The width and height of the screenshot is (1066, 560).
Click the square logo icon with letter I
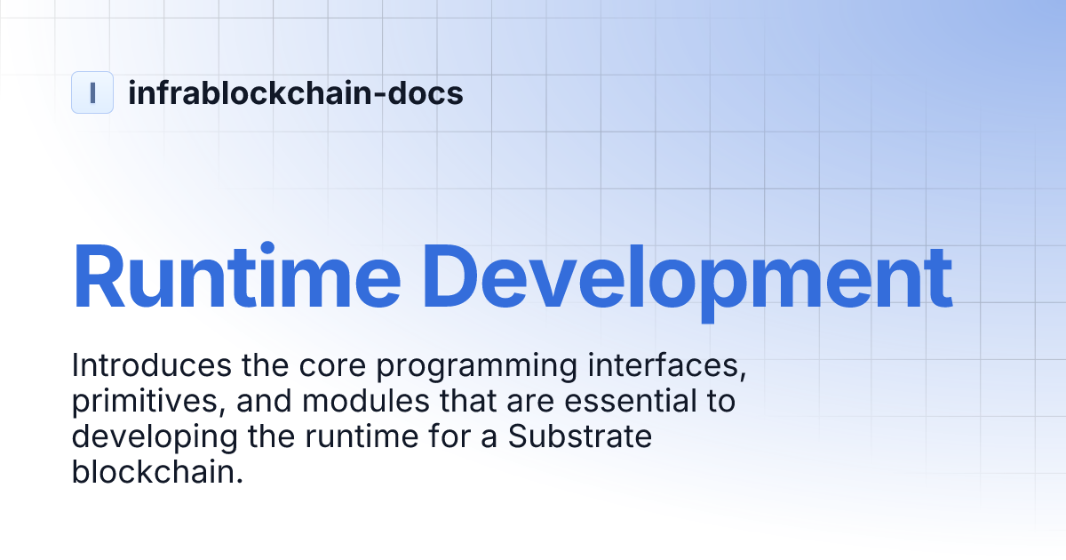click(92, 92)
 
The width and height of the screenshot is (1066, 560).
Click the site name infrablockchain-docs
click(296, 92)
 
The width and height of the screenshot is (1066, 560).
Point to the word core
click(303, 365)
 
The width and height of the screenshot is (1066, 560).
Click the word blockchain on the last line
click(157, 473)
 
